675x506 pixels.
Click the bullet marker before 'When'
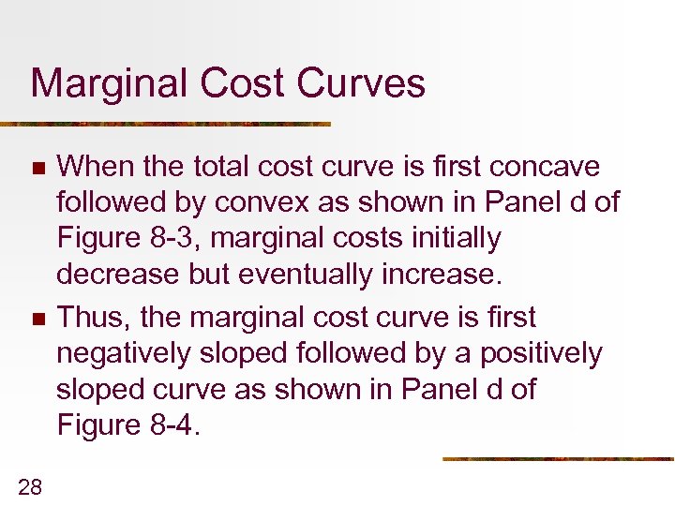[x=37, y=169]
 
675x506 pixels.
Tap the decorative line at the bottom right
[x=558, y=459]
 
